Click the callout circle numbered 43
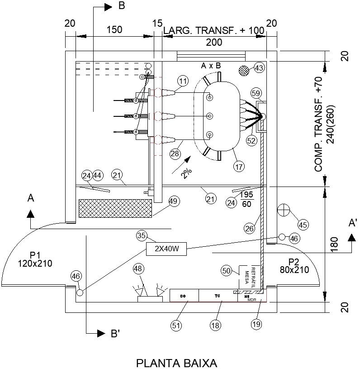click(x=259, y=68)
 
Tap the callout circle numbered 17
click(x=240, y=166)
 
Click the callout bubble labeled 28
click(x=175, y=154)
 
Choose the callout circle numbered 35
click(x=142, y=236)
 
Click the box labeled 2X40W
click(x=166, y=249)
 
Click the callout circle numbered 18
click(x=216, y=325)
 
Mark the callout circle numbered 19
click(x=256, y=325)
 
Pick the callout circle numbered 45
click(x=303, y=224)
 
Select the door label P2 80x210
click(x=294, y=266)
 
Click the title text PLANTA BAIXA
click(x=177, y=363)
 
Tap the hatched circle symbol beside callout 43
click(x=244, y=70)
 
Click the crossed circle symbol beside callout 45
click(x=284, y=210)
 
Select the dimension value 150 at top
click(x=114, y=30)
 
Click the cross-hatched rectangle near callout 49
click(x=115, y=208)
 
